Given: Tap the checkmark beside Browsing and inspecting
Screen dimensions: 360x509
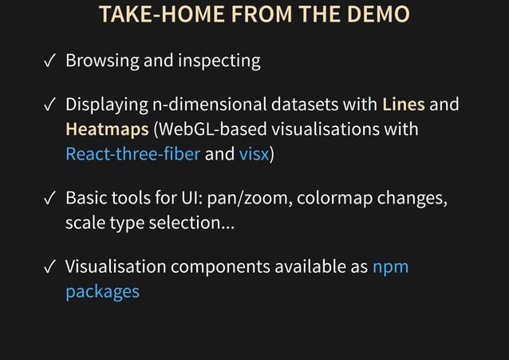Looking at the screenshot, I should tap(49, 61).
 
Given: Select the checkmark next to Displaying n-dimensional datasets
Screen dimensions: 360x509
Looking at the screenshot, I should tap(49, 105).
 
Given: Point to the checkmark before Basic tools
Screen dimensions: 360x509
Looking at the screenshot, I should tap(49, 199).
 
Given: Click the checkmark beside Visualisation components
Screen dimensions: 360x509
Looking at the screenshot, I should tap(49, 267).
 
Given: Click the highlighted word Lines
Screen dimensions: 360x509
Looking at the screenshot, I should tap(404, 105).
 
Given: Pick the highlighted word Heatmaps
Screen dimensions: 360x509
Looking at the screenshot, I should tap(101, 129).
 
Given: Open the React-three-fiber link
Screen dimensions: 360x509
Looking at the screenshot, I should tap(132, 154).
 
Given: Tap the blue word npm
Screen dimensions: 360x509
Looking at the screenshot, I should tap(390, 267).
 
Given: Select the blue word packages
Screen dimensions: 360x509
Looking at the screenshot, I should tap(102, 291).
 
